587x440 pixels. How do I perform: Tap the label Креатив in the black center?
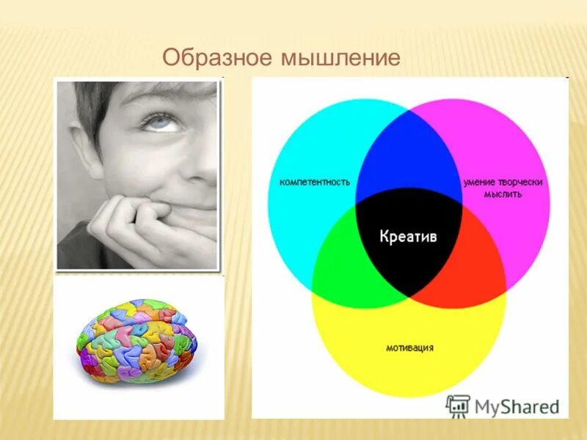[409, 236]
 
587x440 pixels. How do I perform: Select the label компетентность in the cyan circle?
[314, 182]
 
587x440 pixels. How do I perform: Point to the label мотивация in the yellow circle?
[409, 347]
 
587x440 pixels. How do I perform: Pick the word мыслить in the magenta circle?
[503, 195]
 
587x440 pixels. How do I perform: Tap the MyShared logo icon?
[458, 406]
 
